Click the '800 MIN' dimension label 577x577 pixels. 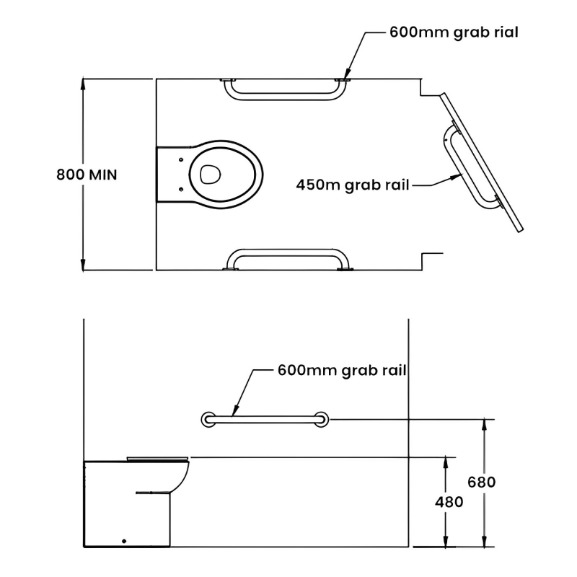pyautogui.click(x=87, y=175)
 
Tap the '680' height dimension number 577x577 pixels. pyautogui.click(x=482, y=482)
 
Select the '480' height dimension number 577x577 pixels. pyautogui.click(x=449, y=501)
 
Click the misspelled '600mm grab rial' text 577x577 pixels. pyautogui.click(x=454, y=32)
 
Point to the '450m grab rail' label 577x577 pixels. pyautogui.click(x=353, y=185)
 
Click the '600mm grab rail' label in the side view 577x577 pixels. pyautogui.click(x=342, y=371)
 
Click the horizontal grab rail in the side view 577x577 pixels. pyautogui.click(x=265, y=419)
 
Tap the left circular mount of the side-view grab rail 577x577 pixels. pyautogui.click(x=208, y=419)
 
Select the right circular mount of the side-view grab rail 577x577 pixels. pyautogui.click(x=322, y=419)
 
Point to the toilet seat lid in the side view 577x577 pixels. pyautogui.click(x=158, y=457)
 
